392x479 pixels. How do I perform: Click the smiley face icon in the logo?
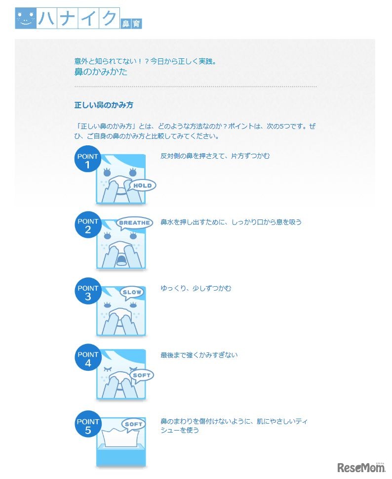25,18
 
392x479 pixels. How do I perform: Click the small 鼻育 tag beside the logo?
131,23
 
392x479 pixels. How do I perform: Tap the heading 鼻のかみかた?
101,72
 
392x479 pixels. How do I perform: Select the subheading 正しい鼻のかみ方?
104,105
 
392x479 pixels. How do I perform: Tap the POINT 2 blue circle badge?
88,225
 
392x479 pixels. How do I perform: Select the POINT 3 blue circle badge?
88,291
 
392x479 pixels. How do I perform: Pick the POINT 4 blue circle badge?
88,358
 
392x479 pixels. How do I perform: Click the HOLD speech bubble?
142,186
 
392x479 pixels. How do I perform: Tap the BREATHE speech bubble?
134,223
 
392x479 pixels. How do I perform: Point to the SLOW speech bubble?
132,292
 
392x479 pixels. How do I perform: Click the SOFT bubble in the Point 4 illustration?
141,376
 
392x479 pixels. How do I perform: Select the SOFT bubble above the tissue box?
133,425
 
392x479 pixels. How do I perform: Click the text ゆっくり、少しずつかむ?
196,288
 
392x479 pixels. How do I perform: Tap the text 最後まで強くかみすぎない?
199,355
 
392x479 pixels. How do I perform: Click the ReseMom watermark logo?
360,467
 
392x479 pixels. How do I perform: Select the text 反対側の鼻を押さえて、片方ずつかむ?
215,156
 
